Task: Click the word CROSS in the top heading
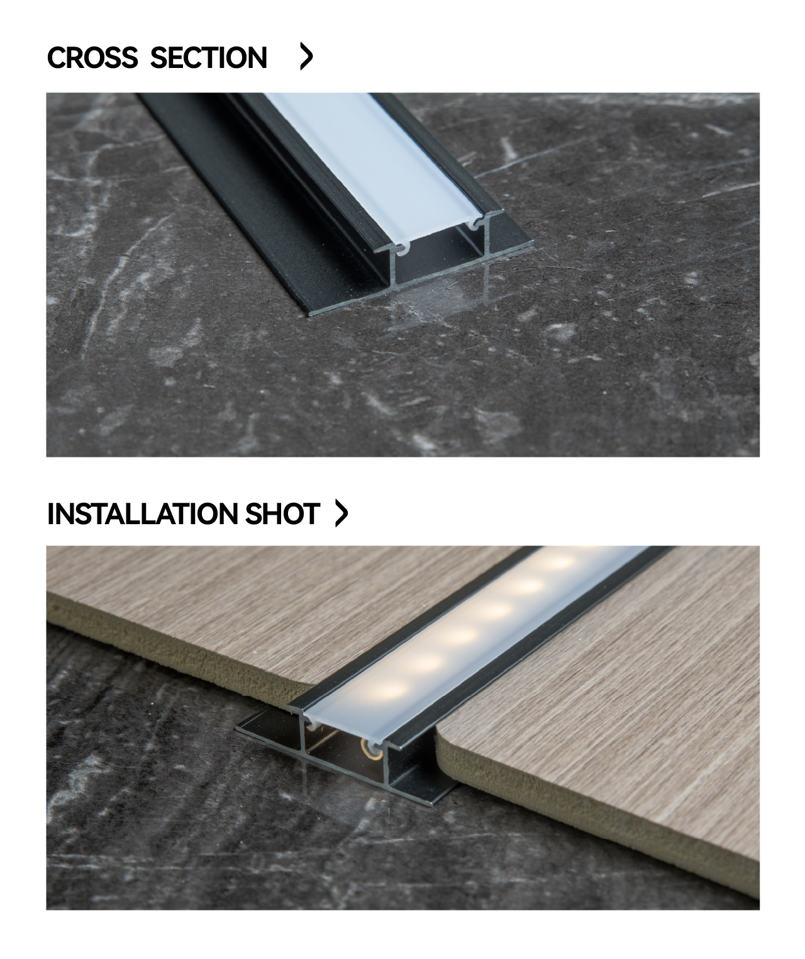[92, 57]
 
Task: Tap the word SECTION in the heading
[208, 57]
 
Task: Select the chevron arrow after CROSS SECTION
[306, 57]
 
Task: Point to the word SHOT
[282, 513]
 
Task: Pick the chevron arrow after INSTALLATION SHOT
[341, 513]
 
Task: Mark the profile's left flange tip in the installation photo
[237, 729]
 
